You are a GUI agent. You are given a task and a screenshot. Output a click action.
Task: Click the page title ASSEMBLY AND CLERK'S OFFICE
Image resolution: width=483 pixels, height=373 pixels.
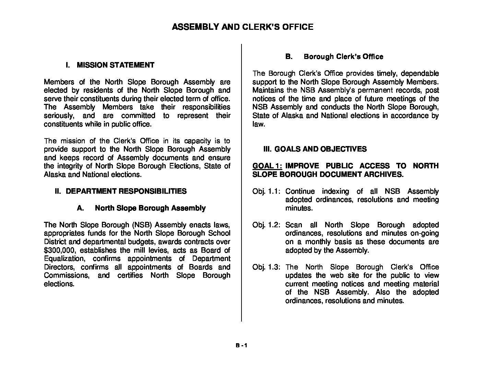[x=242, y=27]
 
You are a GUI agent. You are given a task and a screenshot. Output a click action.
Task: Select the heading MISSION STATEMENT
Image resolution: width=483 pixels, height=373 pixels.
[x=115, y=65]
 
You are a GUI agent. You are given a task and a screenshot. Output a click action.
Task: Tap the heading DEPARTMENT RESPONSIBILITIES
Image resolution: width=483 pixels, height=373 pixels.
[x=126, y=191]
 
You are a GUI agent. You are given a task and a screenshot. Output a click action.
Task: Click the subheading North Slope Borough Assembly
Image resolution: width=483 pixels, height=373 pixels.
[x=150, y=208]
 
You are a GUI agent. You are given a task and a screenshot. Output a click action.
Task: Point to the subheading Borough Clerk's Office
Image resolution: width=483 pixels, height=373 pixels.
[x=343, y=57]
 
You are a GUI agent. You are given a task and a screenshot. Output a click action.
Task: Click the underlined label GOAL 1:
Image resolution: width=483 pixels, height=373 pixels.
[x=267, y=166]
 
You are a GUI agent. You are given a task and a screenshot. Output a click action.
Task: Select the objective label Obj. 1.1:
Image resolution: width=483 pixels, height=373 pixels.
[x=267, y=191]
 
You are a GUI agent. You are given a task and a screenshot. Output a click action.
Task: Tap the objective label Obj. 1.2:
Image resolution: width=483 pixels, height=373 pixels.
[x=267, y=225]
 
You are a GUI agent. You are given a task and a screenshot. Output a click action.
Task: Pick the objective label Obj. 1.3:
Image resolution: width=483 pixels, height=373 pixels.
[x=267, y=267]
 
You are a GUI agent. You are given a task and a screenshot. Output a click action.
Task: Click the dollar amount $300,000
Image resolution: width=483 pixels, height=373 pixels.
[x=58, y=250]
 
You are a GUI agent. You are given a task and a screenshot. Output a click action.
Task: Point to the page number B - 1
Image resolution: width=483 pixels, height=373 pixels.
[x=241, y=346]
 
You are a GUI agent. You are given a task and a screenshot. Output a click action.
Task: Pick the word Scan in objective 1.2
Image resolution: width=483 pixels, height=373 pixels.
[x=294, y=225]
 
